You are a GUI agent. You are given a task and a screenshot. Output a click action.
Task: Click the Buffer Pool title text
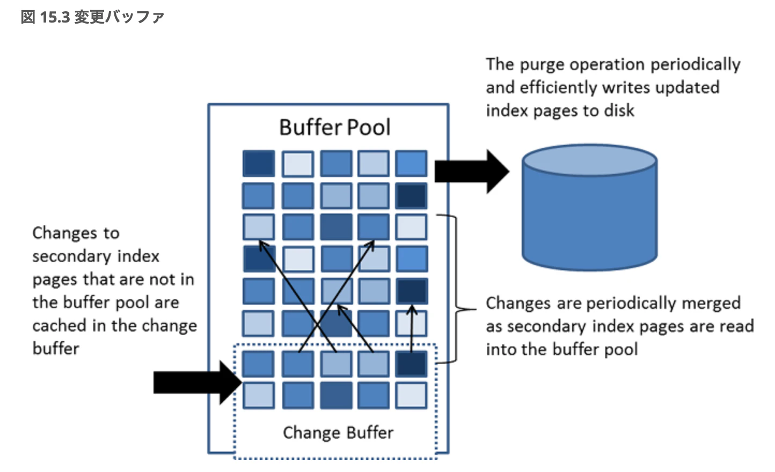[334, 128]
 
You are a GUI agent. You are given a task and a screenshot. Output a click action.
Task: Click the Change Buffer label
[338, 432]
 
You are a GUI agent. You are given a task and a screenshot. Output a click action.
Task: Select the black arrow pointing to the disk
[470, 172]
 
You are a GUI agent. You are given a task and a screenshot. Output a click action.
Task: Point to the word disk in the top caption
[619, 110]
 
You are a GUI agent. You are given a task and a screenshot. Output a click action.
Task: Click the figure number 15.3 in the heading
[55, 17]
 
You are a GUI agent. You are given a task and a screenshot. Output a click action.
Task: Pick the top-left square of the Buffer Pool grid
[259, 164]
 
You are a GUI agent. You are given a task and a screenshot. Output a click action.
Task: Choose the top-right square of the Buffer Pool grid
[411, 164]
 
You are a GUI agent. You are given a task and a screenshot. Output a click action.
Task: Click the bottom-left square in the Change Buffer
[259, 395]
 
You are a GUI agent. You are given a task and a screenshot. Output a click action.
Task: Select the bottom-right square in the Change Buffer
[411, 395]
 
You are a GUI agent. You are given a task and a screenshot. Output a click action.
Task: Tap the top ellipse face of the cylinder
[589, 160]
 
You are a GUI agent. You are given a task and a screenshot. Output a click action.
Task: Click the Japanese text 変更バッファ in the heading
[119, 17]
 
